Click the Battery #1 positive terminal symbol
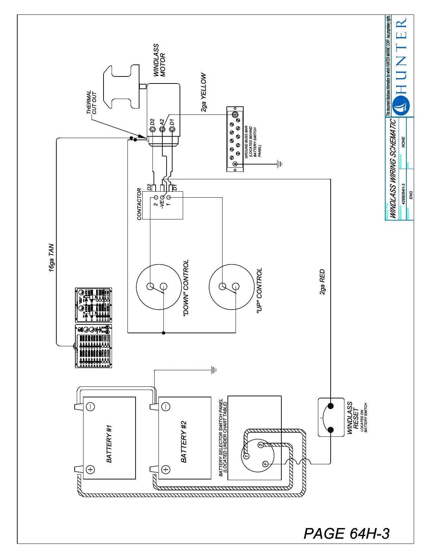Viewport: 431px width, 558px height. (x=90, y=470)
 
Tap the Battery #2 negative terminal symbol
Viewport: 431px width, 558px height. (x=165, y=407)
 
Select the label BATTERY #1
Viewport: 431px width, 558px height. (x=109, y=444)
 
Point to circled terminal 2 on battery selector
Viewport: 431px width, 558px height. (x=260, y=445)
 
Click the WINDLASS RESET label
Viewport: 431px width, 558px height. (x=353, y=417)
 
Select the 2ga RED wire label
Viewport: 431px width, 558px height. (x=322, y=282)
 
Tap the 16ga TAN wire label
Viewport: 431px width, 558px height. (x=51, y=258)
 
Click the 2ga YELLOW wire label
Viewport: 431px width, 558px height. (x=204, y=93)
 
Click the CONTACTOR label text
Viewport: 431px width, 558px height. (x=139, y=204)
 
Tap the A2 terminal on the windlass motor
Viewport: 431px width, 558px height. (x=162, y=129)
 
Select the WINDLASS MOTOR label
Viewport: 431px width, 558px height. (x=159, y=60)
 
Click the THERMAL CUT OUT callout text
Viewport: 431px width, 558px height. (x=91, y=103)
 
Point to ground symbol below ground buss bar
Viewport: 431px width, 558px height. (x=280, y=164)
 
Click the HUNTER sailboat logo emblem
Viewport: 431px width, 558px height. (x=400, y=105)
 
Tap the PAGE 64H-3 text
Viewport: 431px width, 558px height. (x=346, y=533)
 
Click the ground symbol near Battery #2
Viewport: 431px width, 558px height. (x=214, y=370)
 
